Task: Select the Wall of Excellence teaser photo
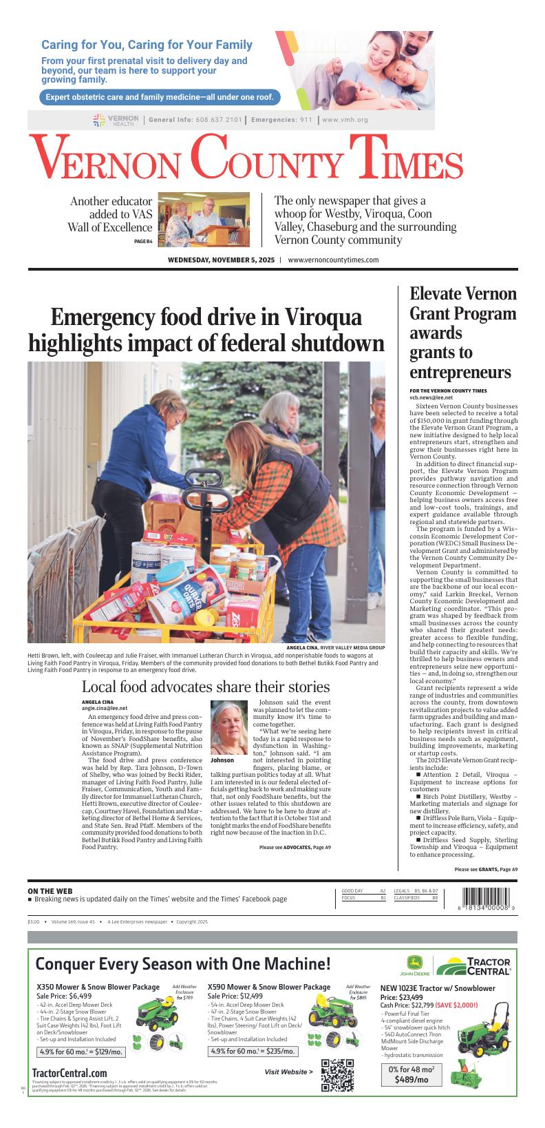pos(204,219)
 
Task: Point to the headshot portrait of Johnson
pos(228,728)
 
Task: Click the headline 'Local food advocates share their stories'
pos(206,687)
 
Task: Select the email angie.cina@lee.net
pos(105,708)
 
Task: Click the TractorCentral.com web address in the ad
pos(70,1073)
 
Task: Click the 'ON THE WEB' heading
pos(50,892)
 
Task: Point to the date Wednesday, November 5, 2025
pos(221,260)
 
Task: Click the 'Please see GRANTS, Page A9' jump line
pos(486,870)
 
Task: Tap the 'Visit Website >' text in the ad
pos(288,1072)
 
